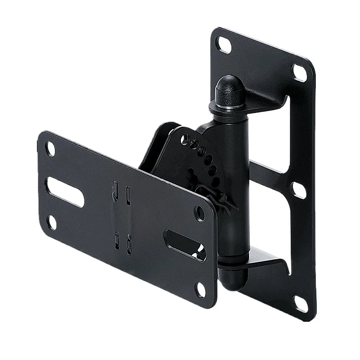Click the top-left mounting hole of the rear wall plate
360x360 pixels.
[x=224, y=44]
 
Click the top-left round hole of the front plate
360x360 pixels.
[x=50, y=148]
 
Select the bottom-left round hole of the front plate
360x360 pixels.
[x=52, y=222]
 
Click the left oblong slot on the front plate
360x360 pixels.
[x=65, y=191]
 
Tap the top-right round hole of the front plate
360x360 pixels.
[x=199, y=212]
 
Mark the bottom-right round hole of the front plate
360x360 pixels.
[x=201, y=289]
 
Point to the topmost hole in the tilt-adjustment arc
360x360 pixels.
[x=184, y=139]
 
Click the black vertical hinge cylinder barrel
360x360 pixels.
[x=236, y=189]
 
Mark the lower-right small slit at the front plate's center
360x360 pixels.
[x=129, y=246]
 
